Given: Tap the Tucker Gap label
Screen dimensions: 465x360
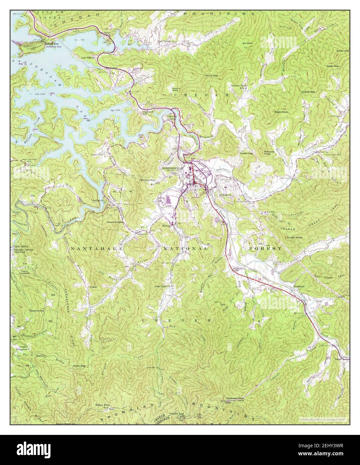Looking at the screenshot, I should (246, 153).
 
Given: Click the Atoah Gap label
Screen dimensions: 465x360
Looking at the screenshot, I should (79, 366).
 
